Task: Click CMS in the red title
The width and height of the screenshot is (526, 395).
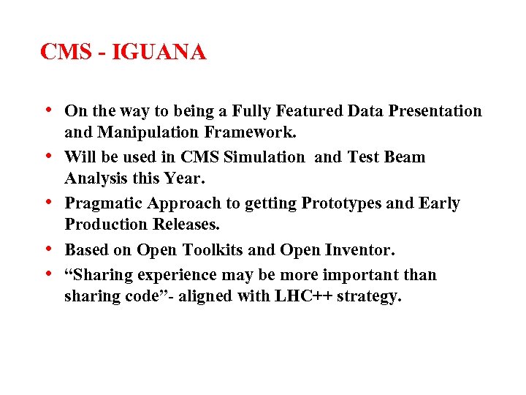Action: click(64, 53)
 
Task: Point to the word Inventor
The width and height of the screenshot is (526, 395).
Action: click(358, 250)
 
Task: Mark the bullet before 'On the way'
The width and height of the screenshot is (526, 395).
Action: click(47, 110)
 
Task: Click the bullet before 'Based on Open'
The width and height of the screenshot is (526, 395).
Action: click(47, 249)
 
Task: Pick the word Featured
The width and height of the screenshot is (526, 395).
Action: click(307, 111)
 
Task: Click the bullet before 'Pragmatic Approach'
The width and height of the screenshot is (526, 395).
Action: click(47, 202)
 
